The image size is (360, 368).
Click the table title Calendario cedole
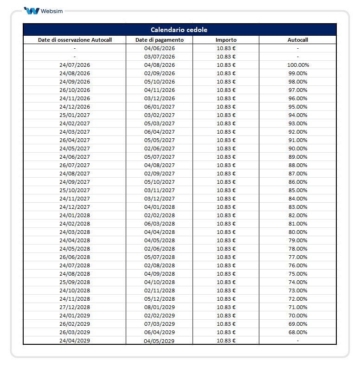tap(179, 30)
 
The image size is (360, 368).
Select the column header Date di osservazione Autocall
tap(75, 40)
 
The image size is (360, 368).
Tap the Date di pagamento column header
tap(160, 40)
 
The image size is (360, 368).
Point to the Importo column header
tap(226, 40)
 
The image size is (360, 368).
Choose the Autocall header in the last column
tap(297, 40)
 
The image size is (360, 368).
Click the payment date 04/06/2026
tap(160, 48)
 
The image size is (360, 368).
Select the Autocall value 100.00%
tap(297, 65)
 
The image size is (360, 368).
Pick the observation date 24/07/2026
tap(75, 65)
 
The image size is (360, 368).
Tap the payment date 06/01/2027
tap(160, 107)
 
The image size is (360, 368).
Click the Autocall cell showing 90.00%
tap(297, 148)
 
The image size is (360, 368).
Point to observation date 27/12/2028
tap(75, 307)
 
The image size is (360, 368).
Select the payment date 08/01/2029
tap(160, 307)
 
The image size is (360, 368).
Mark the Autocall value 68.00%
tap(297, 332)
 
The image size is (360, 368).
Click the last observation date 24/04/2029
tap(75, 341)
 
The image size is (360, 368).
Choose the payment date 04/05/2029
tap(160, 341)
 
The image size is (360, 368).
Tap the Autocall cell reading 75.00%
tap(297, 274)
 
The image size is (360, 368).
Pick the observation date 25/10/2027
tap(75, 190)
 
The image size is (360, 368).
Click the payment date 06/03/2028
tap(160, 224)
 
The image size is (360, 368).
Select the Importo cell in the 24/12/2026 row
tap(226, 107)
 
